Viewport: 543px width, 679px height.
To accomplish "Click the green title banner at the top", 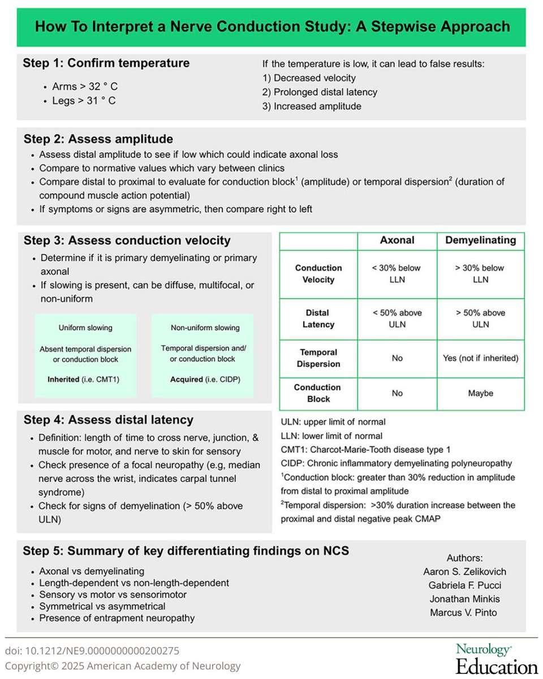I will tap(271, 27).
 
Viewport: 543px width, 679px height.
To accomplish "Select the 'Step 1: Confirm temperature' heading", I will tap(106, 63).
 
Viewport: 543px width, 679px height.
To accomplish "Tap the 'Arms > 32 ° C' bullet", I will tap(85, 87).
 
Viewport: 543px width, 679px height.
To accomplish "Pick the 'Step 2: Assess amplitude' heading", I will tap(98, 139).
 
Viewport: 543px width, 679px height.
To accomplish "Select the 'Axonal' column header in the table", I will tap(397, 240).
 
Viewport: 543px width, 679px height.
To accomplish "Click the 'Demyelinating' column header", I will tap(481, 240).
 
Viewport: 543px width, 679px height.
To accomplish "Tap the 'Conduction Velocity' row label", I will tap(318, 274).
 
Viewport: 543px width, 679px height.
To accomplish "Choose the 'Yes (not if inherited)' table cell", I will tap(481, 358).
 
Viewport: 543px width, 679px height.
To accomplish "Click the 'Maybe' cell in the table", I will tap(481, 393).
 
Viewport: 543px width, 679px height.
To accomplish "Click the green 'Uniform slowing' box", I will tap(85, 355).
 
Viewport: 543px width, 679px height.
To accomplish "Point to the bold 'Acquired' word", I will tap(187, 379).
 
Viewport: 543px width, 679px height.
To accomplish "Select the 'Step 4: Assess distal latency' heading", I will tap(108, 420).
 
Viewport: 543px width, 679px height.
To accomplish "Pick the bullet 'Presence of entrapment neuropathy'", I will tap(117, 618).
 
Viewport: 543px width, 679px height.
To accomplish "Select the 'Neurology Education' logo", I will tap(497, 659).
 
